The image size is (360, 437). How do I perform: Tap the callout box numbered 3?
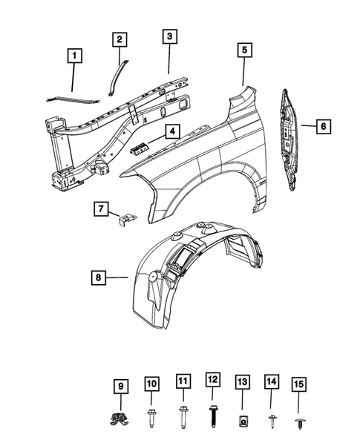[170, 36]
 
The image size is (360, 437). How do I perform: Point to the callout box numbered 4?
[171, 133]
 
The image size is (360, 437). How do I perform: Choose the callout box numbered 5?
[243, 50]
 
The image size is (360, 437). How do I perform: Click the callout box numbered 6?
[323, 127]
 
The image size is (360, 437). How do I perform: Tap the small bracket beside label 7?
[128, 220]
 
